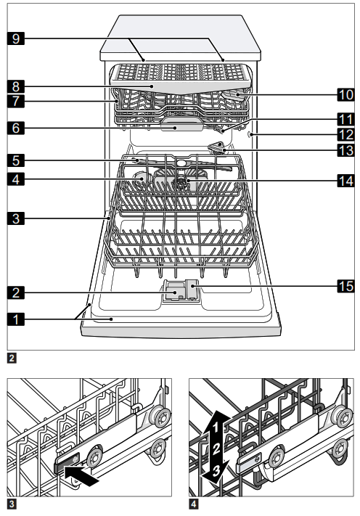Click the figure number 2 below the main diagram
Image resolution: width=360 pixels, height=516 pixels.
tap(9, 358)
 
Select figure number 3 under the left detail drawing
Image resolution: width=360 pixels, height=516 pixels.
tap(9, 500)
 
